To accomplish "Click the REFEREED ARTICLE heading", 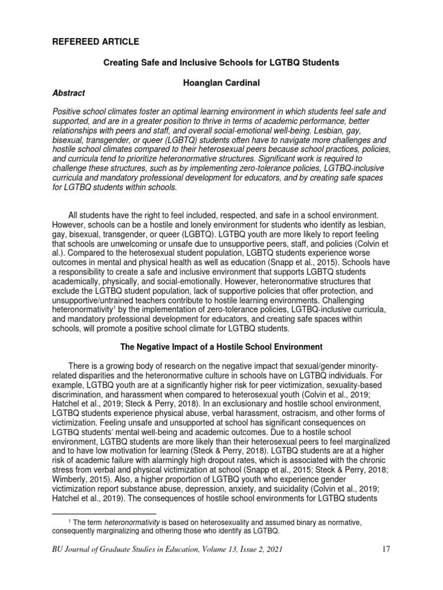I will coord(95,42).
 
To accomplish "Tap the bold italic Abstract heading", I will coord(69,93).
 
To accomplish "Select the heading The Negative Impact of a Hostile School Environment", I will coord(221,347).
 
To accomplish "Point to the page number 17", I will coord(386,550).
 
